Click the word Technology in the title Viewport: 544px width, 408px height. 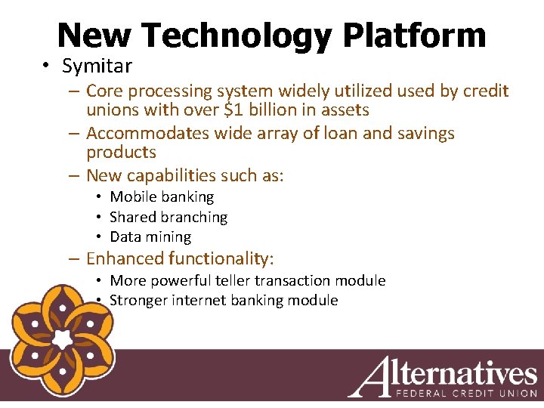[234, 36]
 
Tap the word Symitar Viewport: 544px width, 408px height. [97, 66]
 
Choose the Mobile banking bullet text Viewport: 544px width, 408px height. [162, 197]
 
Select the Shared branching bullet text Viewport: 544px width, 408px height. [168, 218]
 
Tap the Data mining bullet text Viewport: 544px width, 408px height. [150, 237]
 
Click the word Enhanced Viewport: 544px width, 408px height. [125, 259]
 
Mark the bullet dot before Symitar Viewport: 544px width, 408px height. [47, 66]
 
